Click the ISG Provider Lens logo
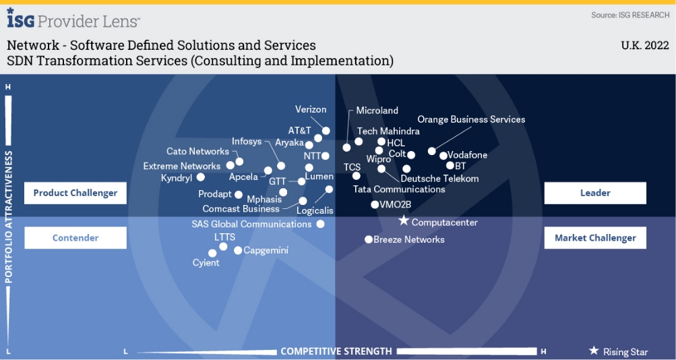pyautogui.click(x=73, y=20)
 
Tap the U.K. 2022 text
pyautogui.click(x=644, y=46)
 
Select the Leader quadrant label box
pyautogui.click(x=595, y=193)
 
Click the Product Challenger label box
pyautogui.click(x=75, y=193)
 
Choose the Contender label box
pyautogui.click(x=75, y=237)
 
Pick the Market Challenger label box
pyautogui.click(x=595, y=237)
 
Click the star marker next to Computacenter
pyautogui.click(x=403, y=220)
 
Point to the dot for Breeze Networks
pyautogui.click(x=369, y=239)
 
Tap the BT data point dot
pyautogui.click(x=450, y=165)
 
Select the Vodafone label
pyautogui.click(x=467, y=155)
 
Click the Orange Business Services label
pyautogui.click(x=471, y=119)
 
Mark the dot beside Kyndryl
pyautogui.click(x=200, y=177)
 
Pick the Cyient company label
pyautogui.click(x=206, y=262)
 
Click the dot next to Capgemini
pyautogui.click(x=238, y=250)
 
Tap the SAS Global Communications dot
pyautogui.click(x=320, y=224)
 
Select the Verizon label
pyautogui.click(x=311, y=109)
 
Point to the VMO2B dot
pyautogui.click(x=375, y=204)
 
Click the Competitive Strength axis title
pyautogui.click(x=336, y=351)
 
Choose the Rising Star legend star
pyautogui.click(x=594, y=351)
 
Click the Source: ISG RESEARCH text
pyautogui.click(x=630, y=15)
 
